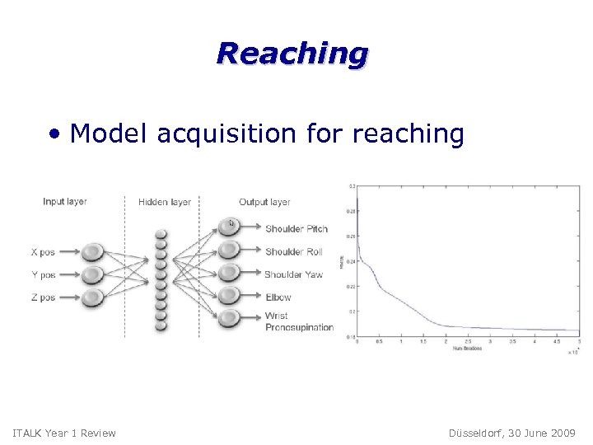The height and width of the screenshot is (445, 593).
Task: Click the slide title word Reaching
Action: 292,54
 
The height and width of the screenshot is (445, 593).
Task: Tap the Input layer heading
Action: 65,202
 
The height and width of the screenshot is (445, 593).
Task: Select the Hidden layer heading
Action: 165,202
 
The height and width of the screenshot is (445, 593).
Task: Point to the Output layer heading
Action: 264,202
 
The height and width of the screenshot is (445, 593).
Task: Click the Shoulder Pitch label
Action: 296,229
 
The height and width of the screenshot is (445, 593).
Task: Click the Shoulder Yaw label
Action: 293,274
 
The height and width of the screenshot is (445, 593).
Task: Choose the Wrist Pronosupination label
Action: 298,321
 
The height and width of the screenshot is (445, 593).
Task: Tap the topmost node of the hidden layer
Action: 161,234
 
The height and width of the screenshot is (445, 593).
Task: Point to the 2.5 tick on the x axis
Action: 468,340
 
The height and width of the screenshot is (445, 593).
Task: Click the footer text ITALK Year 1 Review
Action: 65,433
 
